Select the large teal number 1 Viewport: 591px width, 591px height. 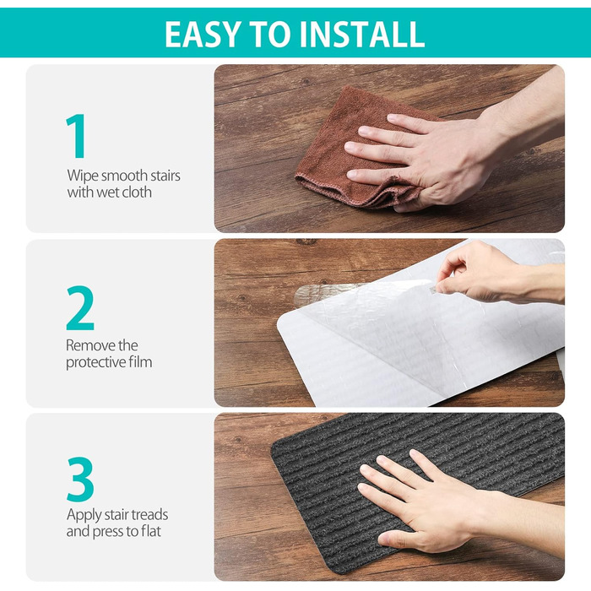[77, 136]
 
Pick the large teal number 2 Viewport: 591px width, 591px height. [80, 308]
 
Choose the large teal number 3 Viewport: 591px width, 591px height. [80, 480]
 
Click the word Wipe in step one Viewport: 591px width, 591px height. [83, 176]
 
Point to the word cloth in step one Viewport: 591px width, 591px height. [137, 192]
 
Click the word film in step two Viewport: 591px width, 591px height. [140, 362]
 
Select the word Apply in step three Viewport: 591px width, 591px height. [84, 515]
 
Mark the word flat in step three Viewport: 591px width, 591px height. [151, 531]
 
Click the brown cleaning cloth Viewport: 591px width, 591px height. [355, 151]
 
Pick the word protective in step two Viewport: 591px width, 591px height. [95, 362]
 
